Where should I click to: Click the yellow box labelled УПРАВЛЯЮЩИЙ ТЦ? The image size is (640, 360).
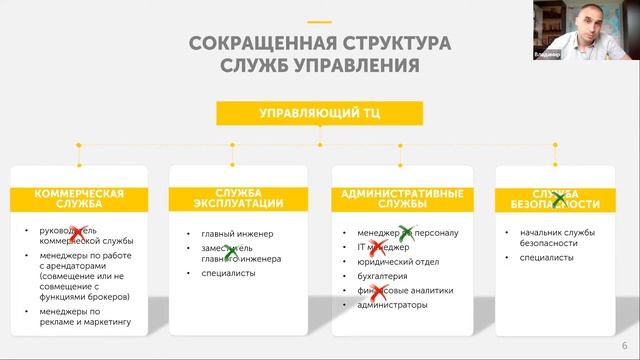click(x=319, y=113)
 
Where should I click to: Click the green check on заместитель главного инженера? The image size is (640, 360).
click(x=230, y=252)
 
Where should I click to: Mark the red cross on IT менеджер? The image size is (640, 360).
click(x=379, y=246)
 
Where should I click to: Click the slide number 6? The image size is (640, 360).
click(x=624, y=343)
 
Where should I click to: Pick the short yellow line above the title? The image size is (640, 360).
click(x=319, y=22)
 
